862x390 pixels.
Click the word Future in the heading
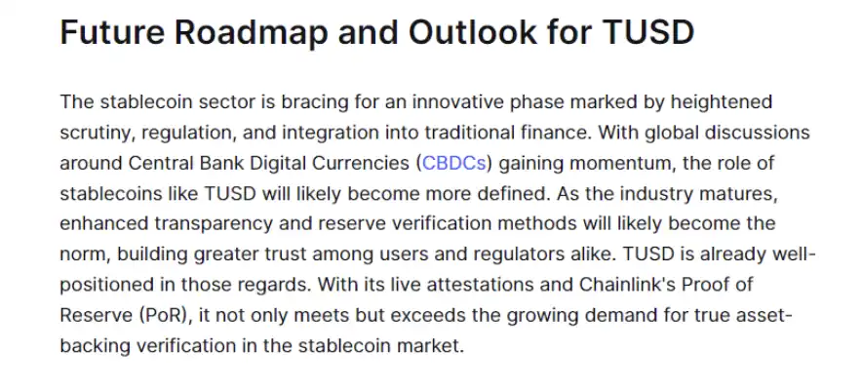click(112, 32)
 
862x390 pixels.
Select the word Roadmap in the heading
click(252, 33)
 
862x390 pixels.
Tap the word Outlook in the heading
click(473, 32)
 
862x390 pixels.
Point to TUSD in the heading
click(648, 32)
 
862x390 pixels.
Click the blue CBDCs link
click(454, 163)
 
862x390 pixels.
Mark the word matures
click(743, 194)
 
